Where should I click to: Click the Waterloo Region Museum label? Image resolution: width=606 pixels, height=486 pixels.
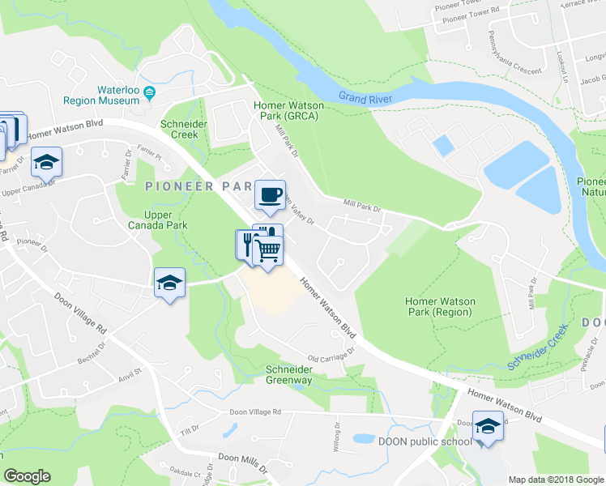[x=101, y=95]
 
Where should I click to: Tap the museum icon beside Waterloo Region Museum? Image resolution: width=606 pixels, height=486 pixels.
[x=149, y=96]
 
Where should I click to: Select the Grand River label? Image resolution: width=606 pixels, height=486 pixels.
[x=365, y=98]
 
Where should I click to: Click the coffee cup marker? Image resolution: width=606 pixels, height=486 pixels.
[x=270, y=194]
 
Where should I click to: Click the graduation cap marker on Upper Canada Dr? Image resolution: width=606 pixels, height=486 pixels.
[x=47, y=162]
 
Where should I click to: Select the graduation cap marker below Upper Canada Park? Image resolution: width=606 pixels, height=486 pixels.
[x=169, y=283]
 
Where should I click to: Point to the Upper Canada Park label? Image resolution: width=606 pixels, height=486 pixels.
[x=165, y=220]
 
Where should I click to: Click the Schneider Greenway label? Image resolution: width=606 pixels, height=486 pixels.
[x=289, y=374]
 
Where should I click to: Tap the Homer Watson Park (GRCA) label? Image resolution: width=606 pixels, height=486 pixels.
[x=288, y=111]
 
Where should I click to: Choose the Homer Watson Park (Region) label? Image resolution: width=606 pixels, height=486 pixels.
[x=440, y=307]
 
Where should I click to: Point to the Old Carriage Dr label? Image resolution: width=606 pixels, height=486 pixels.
[x=332, y=355]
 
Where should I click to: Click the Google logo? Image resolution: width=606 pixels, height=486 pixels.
[x=27, y=476]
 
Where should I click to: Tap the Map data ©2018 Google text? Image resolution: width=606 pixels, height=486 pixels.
[x=555, y=480]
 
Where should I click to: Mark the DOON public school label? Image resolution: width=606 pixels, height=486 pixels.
[x=425, y=441]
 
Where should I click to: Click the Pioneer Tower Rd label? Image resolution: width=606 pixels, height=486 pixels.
[x=463, y=15]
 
